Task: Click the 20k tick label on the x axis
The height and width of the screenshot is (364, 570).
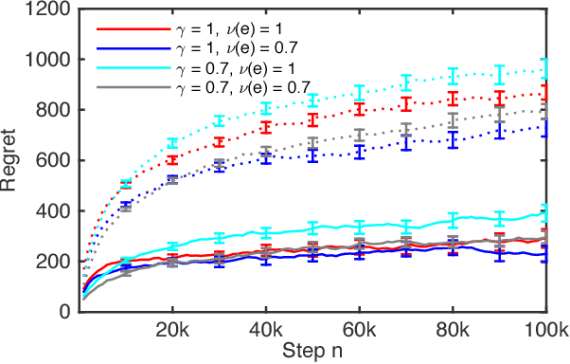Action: point(173,330)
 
